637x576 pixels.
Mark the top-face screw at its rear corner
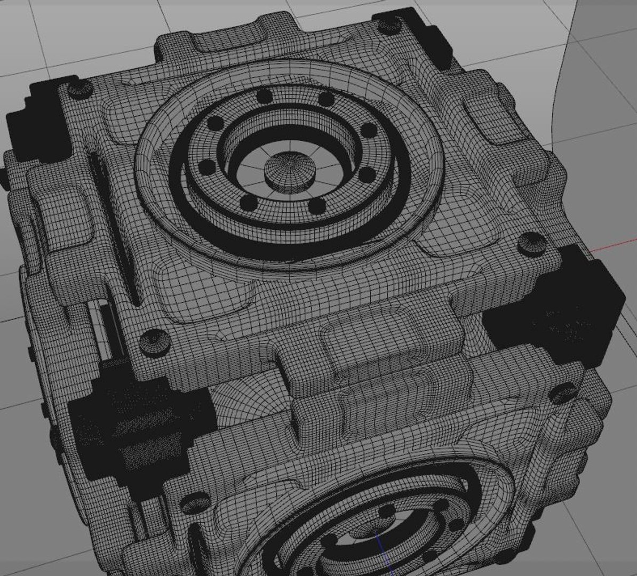[x=388, y=24]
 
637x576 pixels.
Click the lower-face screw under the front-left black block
[x=195, y=501]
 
